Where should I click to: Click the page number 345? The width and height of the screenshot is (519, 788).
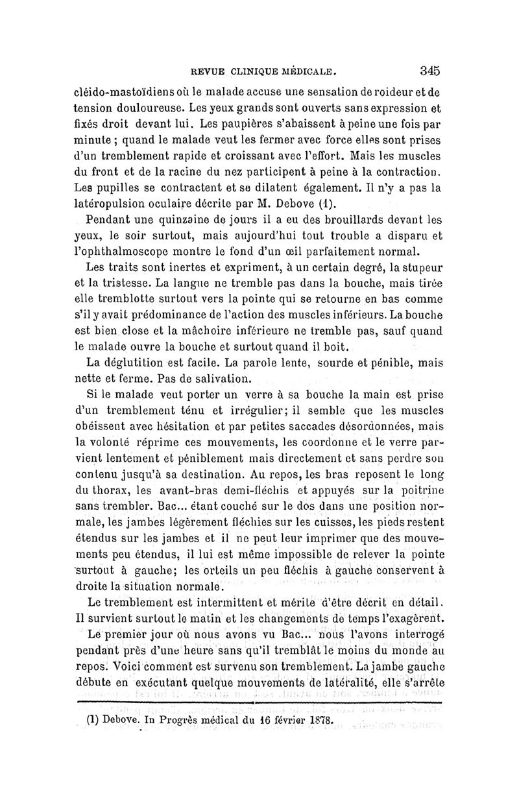(429, 70)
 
